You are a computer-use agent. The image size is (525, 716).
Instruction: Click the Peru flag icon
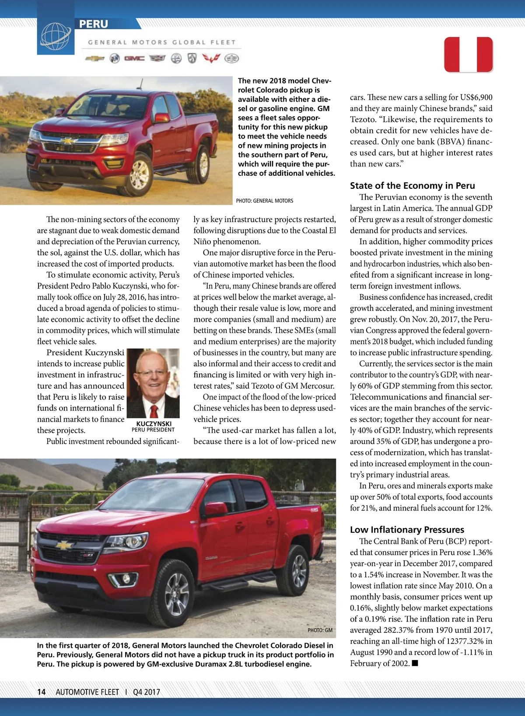469,55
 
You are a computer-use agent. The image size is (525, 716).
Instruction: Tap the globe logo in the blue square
55,35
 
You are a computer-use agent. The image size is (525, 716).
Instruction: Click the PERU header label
94,24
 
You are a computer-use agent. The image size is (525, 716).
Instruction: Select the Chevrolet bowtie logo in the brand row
95,59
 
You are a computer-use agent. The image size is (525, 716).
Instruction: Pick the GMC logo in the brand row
134,59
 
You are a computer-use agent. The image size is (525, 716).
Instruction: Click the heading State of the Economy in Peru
412,186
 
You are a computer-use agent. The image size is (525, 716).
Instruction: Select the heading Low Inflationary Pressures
407,530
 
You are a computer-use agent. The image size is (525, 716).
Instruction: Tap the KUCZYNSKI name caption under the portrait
154,424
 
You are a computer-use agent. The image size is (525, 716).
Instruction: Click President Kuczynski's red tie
154,411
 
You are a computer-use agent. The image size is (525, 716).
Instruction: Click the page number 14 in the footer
42,692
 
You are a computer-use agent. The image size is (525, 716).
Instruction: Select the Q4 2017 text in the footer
147,692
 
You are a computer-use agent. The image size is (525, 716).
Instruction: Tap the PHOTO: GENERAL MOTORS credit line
265,201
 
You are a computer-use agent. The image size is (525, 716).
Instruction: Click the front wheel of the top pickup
139,174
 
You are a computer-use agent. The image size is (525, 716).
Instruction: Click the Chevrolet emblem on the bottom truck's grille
64,545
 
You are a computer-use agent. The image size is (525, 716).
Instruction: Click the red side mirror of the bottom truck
215,509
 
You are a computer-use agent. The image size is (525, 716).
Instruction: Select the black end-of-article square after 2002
415,663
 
